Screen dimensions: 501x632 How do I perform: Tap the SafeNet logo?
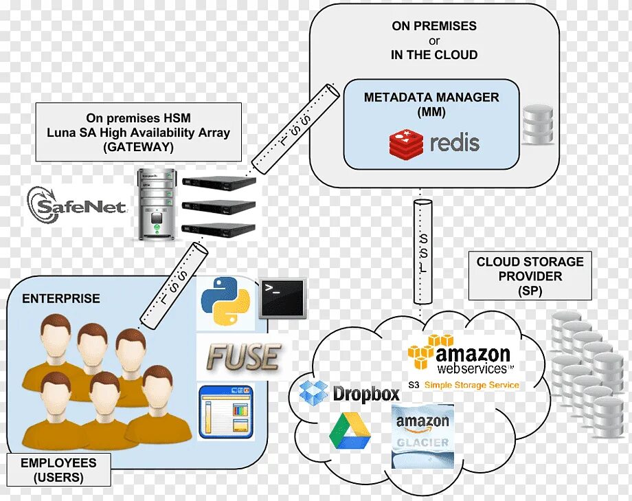coord(76,204)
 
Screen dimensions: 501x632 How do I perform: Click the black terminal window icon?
coord(282,298)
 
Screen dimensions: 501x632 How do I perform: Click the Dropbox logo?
coord(350,393)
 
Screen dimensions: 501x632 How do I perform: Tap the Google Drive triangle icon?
coord(350,431)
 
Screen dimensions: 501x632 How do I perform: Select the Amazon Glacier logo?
coord(422,434)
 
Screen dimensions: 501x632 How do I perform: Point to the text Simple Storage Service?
coord(472,386)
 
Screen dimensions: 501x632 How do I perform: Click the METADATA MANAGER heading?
coord(431,98)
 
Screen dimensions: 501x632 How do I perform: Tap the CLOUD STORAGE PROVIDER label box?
coord(530,276)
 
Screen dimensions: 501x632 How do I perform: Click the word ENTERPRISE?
coord(61,299)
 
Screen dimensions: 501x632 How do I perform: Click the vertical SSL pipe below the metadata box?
coord(423,252)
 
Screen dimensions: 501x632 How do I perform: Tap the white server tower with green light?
coord(156,204)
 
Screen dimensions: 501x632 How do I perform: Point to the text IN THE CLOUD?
coord(434,54)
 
